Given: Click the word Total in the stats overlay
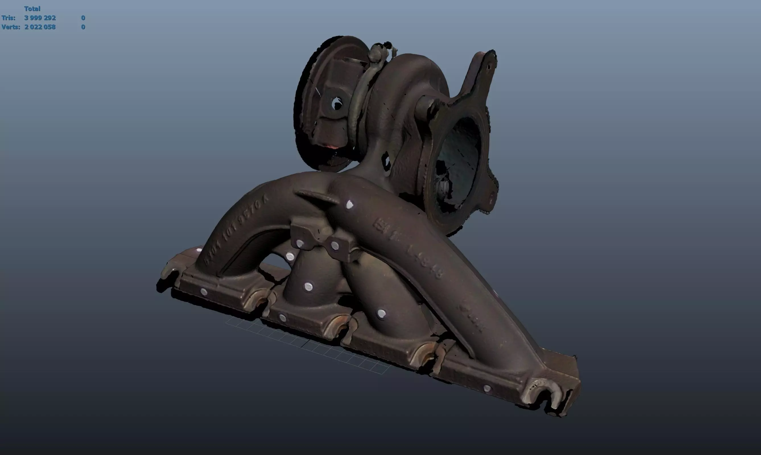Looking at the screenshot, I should point(32,9).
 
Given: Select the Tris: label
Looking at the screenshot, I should point(8,18).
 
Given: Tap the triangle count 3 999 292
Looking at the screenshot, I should point(40,18).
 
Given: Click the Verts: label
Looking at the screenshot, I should point(11,27).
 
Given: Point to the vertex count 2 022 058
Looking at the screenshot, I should point(40,27).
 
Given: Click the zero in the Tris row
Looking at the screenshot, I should point(83,18).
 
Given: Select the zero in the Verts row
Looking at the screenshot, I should point(83,27).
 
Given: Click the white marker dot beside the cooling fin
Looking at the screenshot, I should point(349,205).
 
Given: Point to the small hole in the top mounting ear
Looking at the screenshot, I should point(489,66).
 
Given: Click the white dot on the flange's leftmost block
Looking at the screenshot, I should point(204,292).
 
